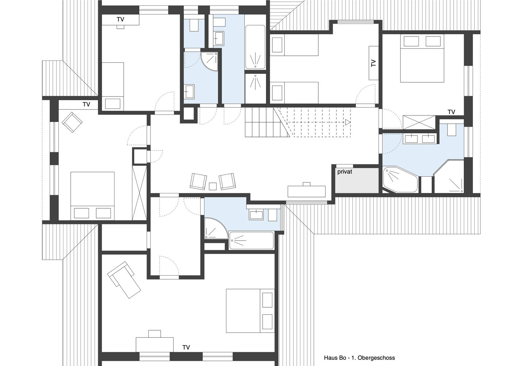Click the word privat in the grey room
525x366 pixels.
click(x=345, y=172)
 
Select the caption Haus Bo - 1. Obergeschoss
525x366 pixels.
click(x=359, y=358)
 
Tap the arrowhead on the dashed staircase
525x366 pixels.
click(x=348, y=123)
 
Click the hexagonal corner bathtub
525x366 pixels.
click(x=400, y=179)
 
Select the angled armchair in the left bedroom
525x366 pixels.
click(x=72, y=122)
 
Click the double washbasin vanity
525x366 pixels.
click(x=420, y=138)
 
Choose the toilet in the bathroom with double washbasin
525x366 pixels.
click(x=451, y=129)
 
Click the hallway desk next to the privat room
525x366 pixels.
click(x=306, y=191)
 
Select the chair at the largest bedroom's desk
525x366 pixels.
click(x=155, y=333)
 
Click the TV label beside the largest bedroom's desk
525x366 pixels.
click(x=186, y=347)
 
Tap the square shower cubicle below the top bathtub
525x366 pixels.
click(x=256, y=87)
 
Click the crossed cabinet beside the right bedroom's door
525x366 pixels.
click(x=419, y=122)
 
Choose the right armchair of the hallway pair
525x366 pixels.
click(x=227, y=181)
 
